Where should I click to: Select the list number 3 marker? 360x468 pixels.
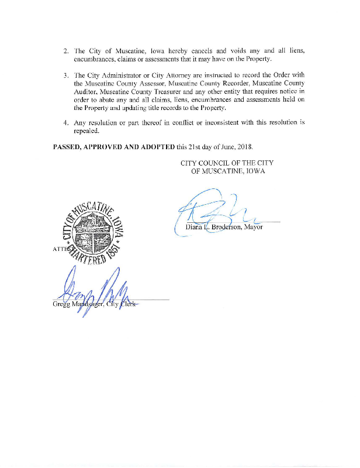(66, 75)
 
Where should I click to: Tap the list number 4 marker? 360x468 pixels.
(66, 123)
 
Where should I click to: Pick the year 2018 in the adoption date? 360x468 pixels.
(261, 146)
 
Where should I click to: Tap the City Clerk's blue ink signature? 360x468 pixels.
(94, 287)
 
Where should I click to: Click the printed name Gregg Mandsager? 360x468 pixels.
(76, 303)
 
